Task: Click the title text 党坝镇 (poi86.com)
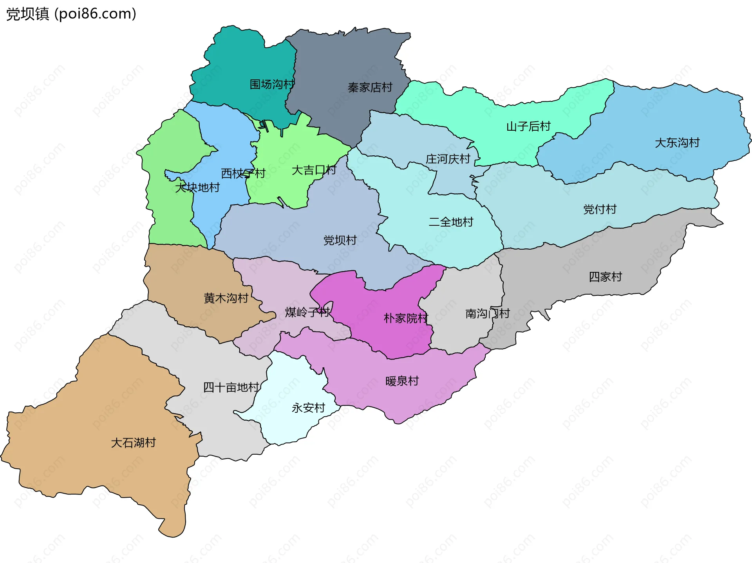(x=71, y=14)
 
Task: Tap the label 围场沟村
(x=272, y=85)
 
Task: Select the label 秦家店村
(x=370, y=88)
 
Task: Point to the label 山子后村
(x=528, y=127)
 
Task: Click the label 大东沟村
(x=677, y=143)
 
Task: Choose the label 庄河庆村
(x=448, y=159)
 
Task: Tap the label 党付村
(x=600, y=209)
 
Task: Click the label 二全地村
(x=451, y=222)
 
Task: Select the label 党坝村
(x=340, y=240)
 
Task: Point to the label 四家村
(x=605, y=277)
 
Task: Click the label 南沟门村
(x=487, y=314)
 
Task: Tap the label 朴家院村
(x=406, y=318)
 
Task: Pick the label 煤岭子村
(x=307, y=312)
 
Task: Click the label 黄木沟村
(x=226, y=299)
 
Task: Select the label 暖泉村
(x=402, y=381)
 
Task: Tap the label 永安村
(x=308, y=408)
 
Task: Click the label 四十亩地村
(x=231, y=388)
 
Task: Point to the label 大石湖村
(x=133, y=443)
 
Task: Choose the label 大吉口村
(x=314, y=171)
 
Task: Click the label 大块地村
(x=197, y=188)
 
